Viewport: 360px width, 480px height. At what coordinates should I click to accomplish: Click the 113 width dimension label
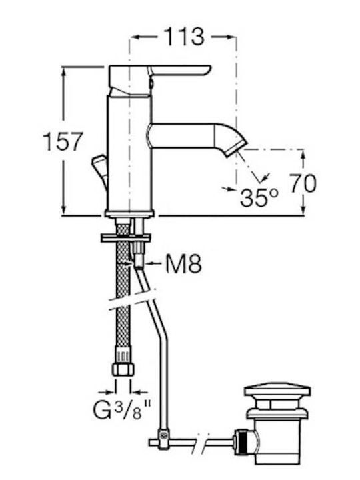(x=184, y=37)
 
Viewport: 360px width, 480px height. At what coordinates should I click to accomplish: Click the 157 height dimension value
(x=63, y=141)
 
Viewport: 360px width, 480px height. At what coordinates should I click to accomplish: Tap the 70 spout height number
(x=303, y=183)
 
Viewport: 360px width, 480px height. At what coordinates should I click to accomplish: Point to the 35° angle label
(x=259, y=198)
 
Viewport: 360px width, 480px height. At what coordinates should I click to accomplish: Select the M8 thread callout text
(x=183, y=263)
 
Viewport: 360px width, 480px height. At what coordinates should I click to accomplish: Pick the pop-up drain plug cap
(x=277, y=392)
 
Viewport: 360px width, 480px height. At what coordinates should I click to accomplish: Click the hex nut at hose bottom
(x=123, y=369)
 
